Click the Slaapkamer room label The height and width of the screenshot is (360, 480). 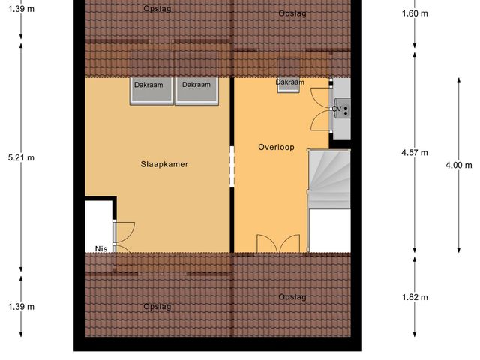point(163,163)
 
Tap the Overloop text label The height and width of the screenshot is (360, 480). point(275,146)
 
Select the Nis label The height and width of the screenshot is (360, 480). point(100,248)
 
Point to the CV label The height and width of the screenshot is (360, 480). point(337,109)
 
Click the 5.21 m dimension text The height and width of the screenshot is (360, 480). point(21,157)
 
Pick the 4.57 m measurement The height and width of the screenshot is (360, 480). point(415,152)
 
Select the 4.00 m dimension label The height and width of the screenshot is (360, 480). point(459,165)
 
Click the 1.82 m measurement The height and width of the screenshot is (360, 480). point(415,297)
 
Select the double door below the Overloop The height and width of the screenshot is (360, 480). point(277,244)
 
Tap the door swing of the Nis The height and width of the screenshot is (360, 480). point(122,236)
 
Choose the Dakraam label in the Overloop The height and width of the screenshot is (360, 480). point(289,82)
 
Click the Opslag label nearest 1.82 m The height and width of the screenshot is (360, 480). point(292,297)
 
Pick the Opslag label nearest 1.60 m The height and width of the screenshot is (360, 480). point(292,13)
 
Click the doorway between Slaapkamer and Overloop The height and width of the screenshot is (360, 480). point(232,166)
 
